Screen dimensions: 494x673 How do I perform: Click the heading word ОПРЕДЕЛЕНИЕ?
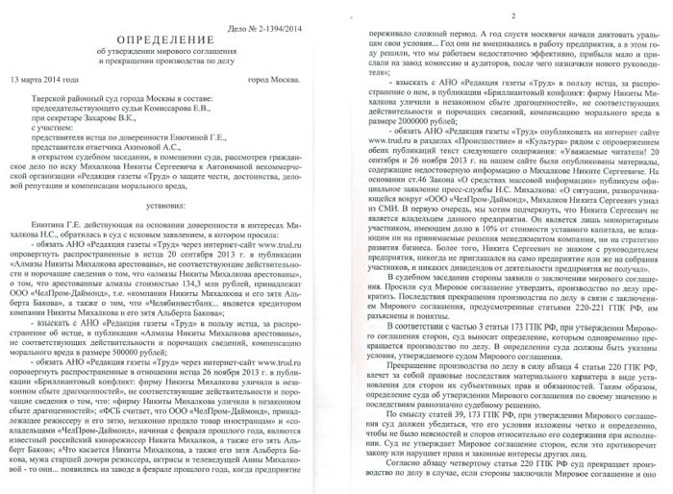168,27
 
